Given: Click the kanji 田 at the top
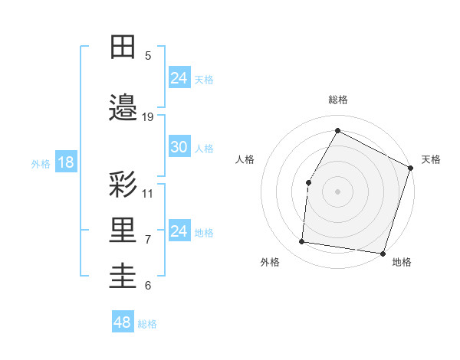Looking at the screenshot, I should click(123, 47).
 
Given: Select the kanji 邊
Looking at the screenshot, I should click(123, 108).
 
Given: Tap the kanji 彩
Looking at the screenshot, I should click(123, 184).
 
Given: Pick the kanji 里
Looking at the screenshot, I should click(123, 231).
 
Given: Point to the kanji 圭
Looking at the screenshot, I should click(123, 276).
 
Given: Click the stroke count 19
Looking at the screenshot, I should click(148, 116).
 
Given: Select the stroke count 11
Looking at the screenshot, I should click(148, 193).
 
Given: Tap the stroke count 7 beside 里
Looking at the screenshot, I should click(148, 239).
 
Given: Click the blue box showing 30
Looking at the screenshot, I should click(179, 147).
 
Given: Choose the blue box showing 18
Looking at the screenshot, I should click(65, 162).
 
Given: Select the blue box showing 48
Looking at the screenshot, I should click(123, 322).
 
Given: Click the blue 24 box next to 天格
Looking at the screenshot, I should click(179, 78).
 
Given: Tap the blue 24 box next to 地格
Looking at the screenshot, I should click(179, 231).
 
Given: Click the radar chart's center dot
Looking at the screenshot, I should click(337, 191).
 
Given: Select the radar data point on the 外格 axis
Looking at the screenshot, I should click(302, 242).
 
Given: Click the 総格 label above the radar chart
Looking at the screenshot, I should click(338, 100).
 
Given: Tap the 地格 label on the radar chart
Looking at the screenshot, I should click(402, 262).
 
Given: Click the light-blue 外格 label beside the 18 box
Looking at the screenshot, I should click(41, 163).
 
